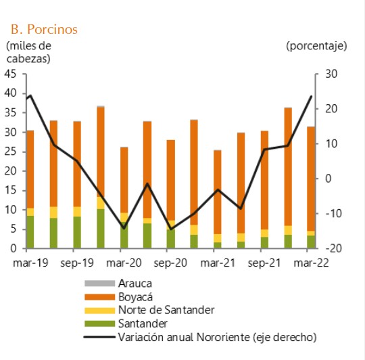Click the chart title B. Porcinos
[x=44, y=29]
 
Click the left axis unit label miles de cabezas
[x=28, y=52]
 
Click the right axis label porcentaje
[x=316, y=46]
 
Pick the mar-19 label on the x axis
[x=29, y=263]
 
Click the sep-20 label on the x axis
[x=170, y=263]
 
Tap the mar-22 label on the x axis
[x=310, y=263]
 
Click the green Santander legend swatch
[x=97, y=323]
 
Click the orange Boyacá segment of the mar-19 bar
[x=30, y=169]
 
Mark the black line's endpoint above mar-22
[x=311, y=97]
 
